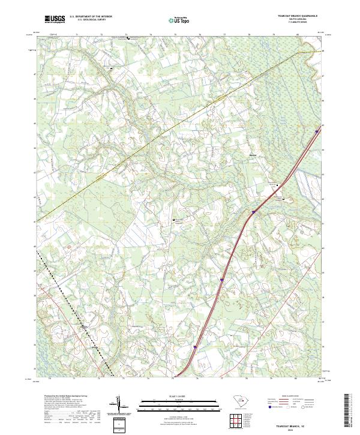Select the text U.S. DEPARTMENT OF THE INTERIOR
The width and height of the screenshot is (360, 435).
pos(91,17)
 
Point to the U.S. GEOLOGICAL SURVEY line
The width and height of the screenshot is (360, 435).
pos(91,20)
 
